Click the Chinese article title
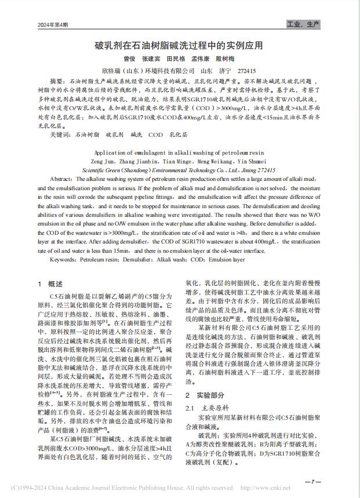[x=179, y=45]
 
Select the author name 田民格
[x=176, y=59]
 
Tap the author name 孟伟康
[x=201, y=59]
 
